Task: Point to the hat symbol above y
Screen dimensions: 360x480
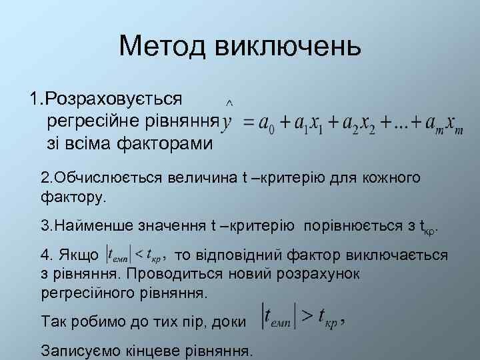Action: pyautogui.click(x=229, y=103)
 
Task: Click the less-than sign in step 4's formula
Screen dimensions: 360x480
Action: pyautogui.click(x=138, y=255)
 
